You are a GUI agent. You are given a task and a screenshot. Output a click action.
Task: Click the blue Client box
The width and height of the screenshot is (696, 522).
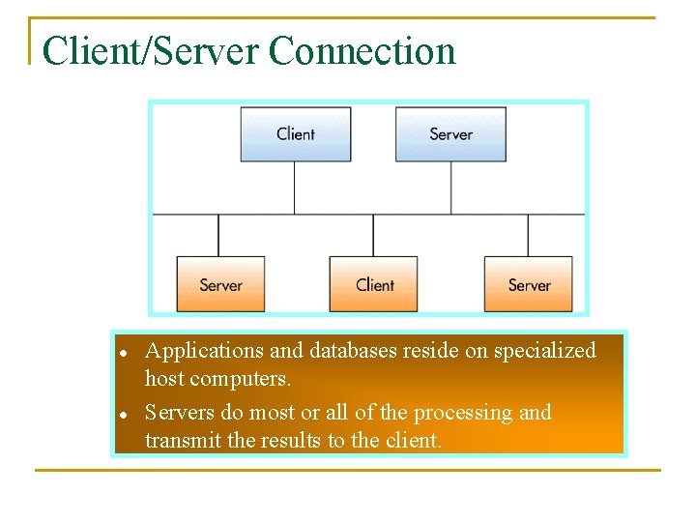[295, 133]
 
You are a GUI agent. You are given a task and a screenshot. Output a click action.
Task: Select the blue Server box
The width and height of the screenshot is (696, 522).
[450, 133]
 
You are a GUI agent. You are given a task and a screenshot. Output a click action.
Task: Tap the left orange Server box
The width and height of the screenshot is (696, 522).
[220, 284]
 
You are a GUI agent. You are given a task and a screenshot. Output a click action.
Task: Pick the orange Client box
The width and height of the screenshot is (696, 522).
[374, 284]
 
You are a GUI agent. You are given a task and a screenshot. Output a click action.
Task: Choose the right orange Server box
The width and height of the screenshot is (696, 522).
[529, 284]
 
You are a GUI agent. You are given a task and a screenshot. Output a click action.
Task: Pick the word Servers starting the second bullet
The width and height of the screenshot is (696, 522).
[180, 413]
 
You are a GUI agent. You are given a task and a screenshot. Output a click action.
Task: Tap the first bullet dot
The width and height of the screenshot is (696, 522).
[124, 352]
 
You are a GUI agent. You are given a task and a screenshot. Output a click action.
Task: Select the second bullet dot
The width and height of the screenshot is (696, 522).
[124, 414]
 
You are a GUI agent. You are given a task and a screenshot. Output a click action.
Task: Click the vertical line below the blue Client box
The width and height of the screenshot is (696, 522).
[295, 188]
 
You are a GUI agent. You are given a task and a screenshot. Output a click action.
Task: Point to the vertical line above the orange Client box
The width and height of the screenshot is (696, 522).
[373, 235]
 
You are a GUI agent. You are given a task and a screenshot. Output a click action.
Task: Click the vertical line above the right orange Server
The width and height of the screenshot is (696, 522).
[528, 235]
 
